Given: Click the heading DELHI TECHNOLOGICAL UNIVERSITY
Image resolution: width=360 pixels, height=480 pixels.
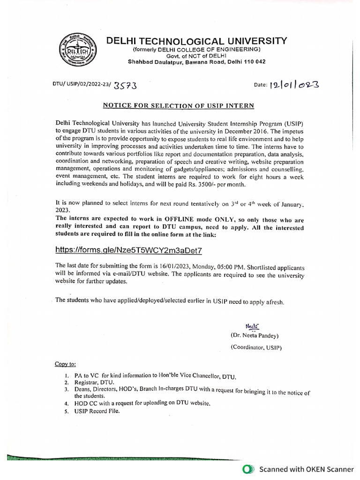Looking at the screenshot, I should click(x=196, y=41).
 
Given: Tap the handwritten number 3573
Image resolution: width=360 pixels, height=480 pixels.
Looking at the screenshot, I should click(x=125, y=85).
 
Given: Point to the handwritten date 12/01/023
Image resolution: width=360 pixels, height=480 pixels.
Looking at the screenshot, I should click(x=294, y=85).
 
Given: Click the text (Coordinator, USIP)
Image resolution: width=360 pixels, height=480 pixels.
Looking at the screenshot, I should click(x=256, y=347).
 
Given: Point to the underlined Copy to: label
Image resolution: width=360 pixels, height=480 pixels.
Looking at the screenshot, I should click(x=65, y=364).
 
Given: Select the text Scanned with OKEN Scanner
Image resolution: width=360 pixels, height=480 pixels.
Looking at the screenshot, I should click(x=307, y=469).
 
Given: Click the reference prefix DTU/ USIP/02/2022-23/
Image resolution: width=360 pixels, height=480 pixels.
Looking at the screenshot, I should click(x=82, y=85).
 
